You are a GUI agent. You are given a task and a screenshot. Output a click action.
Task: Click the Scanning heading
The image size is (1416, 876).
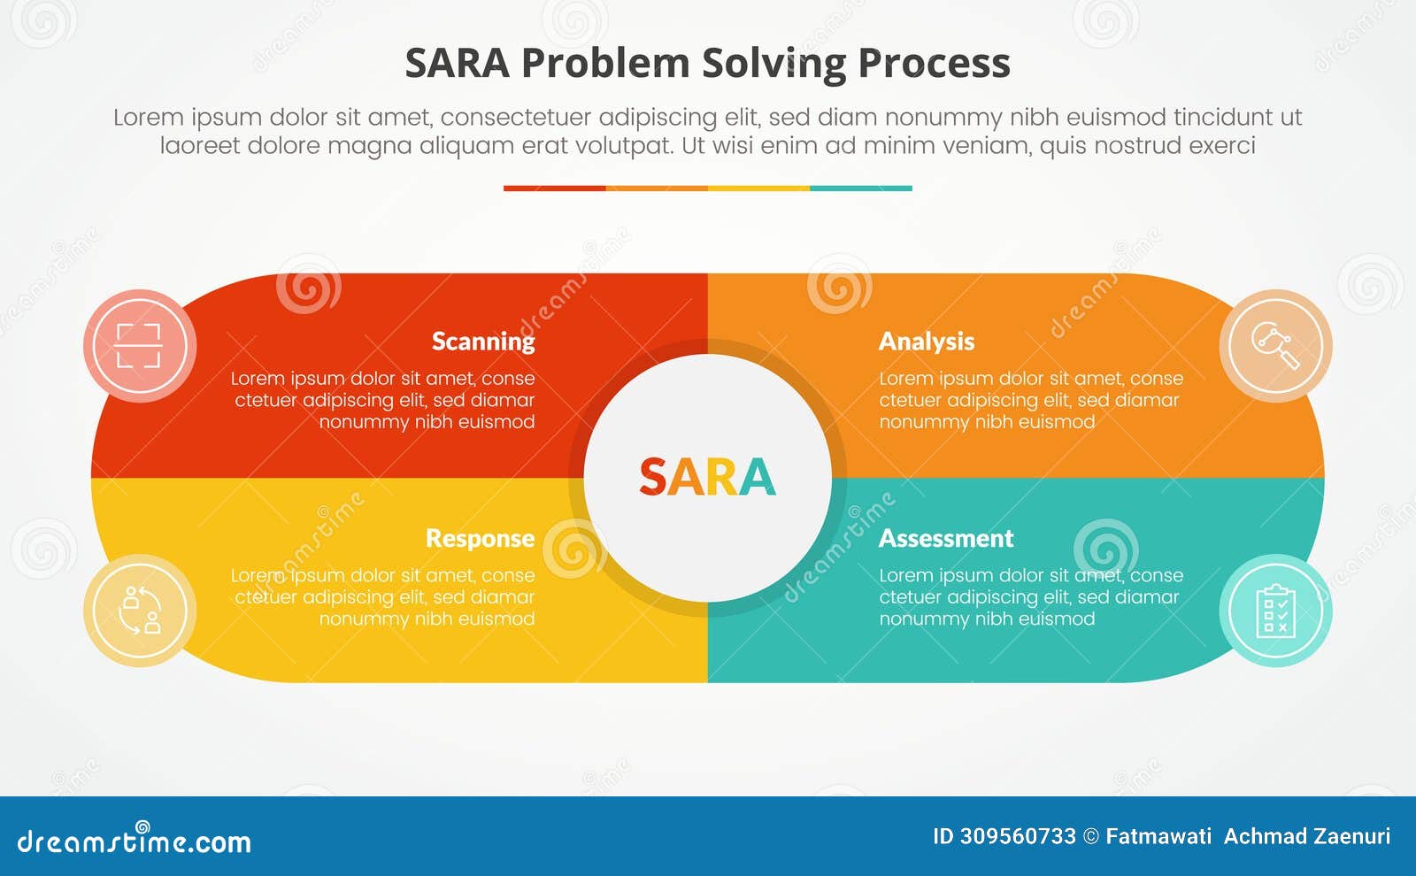(483, 342)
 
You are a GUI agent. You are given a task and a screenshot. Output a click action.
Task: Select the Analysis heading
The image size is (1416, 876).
(926, 342)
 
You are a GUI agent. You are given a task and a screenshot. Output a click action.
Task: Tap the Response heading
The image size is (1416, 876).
(480, 539)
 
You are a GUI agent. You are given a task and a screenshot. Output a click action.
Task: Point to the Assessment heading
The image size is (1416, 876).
(945, 539)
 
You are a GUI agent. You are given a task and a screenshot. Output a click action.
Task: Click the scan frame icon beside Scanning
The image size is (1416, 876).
(139, 345)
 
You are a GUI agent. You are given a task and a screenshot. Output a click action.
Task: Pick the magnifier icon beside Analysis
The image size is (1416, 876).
(1275, 345)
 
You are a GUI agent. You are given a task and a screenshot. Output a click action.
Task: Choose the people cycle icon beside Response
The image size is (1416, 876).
(139, 611)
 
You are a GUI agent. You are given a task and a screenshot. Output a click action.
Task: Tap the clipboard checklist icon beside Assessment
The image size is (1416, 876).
(1275, 611)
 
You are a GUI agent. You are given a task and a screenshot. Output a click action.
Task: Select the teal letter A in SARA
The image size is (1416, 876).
(758, 478)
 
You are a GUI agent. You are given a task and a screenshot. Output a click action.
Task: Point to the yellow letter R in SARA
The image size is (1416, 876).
(721, 478)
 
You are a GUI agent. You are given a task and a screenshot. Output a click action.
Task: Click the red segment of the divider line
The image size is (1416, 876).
(554, 188)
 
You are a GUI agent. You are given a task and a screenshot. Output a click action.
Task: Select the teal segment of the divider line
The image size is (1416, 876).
(860, 188)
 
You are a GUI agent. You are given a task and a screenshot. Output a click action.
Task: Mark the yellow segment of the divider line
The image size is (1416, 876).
(758, 188)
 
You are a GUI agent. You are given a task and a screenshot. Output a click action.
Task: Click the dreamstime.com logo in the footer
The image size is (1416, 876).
(134, 841)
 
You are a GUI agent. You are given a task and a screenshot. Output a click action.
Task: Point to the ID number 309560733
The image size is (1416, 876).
(1017, 836)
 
